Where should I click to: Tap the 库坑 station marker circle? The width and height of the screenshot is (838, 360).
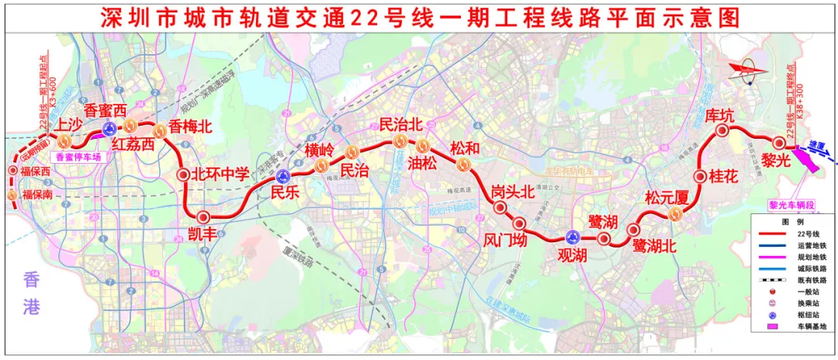(722, 132)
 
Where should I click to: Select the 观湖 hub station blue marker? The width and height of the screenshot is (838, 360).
(573, 237)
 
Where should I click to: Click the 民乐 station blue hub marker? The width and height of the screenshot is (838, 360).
(284, 175)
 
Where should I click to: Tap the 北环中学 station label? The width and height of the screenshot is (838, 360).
(221, 175)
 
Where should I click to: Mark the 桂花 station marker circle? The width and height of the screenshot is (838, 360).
(700, 176)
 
